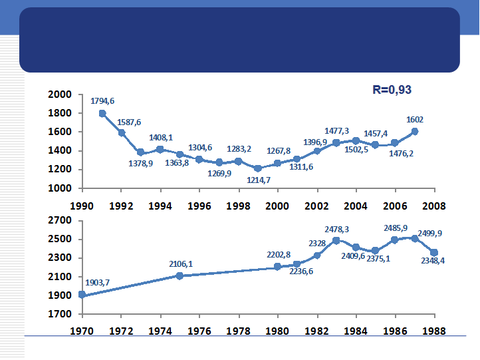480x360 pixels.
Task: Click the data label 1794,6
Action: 102,101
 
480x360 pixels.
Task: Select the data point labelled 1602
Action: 416,131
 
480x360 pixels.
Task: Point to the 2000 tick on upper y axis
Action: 60,94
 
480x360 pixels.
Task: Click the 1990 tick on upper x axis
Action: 82,206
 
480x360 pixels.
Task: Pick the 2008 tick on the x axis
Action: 435,206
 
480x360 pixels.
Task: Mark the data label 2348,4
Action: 433,260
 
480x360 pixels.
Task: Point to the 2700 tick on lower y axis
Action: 60,220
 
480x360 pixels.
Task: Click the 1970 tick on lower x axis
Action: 82,331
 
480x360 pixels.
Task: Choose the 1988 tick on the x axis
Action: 435,331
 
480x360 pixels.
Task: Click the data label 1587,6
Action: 129,122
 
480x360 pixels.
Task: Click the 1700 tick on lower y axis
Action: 60,313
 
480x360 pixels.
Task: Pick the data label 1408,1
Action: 160,138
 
